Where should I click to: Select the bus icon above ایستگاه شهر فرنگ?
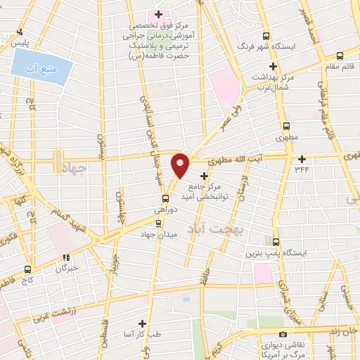click(265, 36)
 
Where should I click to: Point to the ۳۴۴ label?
click(302, 167)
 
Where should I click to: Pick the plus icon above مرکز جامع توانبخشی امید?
click(205, 174)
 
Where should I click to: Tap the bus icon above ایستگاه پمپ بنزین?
click(276, 241)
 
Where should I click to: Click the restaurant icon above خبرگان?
click(67, 257)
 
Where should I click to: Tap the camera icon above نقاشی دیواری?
click(283, 334)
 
